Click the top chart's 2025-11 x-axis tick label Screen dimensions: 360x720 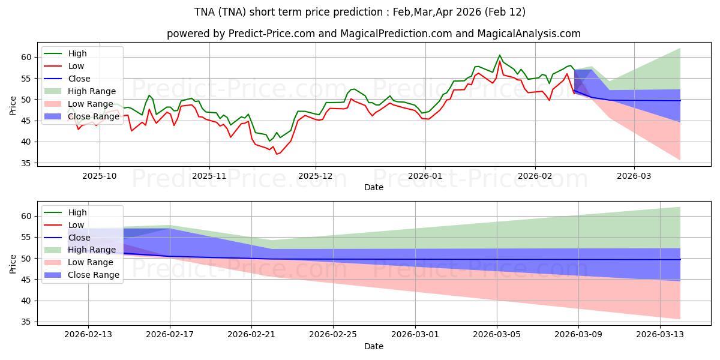point(209,176)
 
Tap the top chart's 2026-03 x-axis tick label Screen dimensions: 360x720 point(634,176)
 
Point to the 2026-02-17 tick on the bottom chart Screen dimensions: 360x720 point(170,335)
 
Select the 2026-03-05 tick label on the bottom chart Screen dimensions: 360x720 point(497,335)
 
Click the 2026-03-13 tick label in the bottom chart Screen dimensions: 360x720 point(661,335)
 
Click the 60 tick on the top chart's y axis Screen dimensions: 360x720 point(26,57)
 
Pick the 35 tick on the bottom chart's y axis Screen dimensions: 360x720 point(26,322)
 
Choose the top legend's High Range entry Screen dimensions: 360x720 point(92,91)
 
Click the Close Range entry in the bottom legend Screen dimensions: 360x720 point(93,275)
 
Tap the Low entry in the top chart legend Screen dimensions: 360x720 point(76,66)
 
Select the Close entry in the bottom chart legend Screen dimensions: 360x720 point(79,237)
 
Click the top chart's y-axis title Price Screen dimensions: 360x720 point(13,105)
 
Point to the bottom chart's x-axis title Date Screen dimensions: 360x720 point(373,346)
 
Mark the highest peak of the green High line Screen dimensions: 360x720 point(499,55)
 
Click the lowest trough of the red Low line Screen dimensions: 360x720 point(277,154)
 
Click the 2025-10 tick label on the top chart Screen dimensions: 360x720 point(100,176)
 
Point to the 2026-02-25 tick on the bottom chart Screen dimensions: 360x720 point(333,335)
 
